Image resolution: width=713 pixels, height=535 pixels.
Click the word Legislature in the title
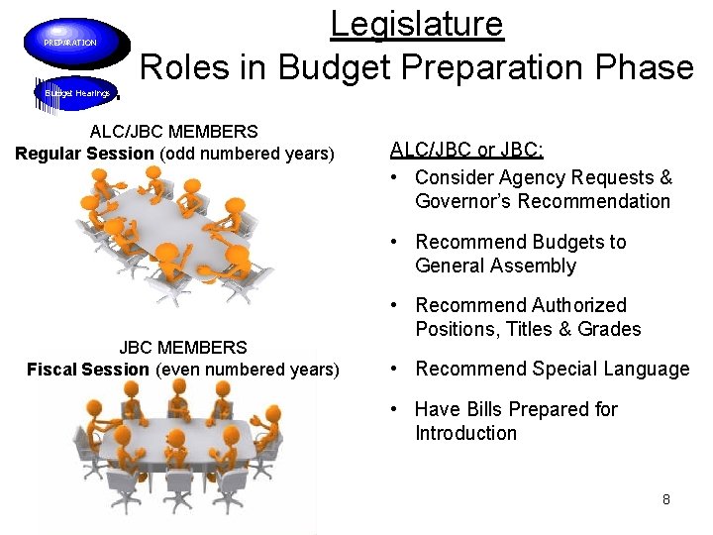pos(417,23)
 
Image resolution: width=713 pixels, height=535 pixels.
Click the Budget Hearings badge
pos(76,92)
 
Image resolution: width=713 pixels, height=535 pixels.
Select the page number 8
pos(666,499)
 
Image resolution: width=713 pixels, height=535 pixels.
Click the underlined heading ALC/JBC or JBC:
pos(467,150)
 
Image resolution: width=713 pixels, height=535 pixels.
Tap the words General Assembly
pos(495,266)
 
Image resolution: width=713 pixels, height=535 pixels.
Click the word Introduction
pos(465,433)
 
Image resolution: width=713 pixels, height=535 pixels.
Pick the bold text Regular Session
pos(84,154)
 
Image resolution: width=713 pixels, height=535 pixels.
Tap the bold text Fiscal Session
pos(88,370)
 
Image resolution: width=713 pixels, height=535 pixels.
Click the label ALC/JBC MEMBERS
pos(173,131)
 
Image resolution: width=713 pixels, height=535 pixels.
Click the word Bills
pos(483,409)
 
